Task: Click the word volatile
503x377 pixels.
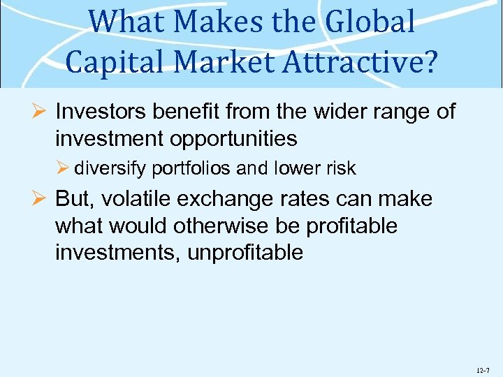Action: (x=133, y=200)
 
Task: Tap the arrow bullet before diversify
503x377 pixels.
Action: (x=64, y=169)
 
